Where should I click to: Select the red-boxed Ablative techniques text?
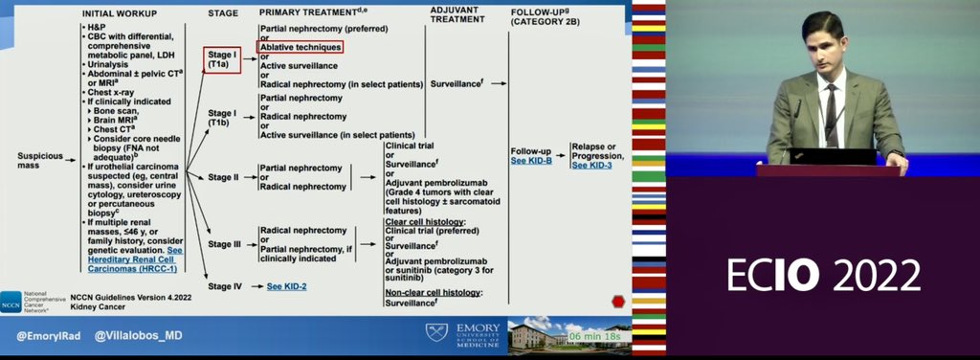click(x=301, y=46)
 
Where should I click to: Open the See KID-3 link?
click(x=591, y=165)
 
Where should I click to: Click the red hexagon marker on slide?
click(x=618, y=301)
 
